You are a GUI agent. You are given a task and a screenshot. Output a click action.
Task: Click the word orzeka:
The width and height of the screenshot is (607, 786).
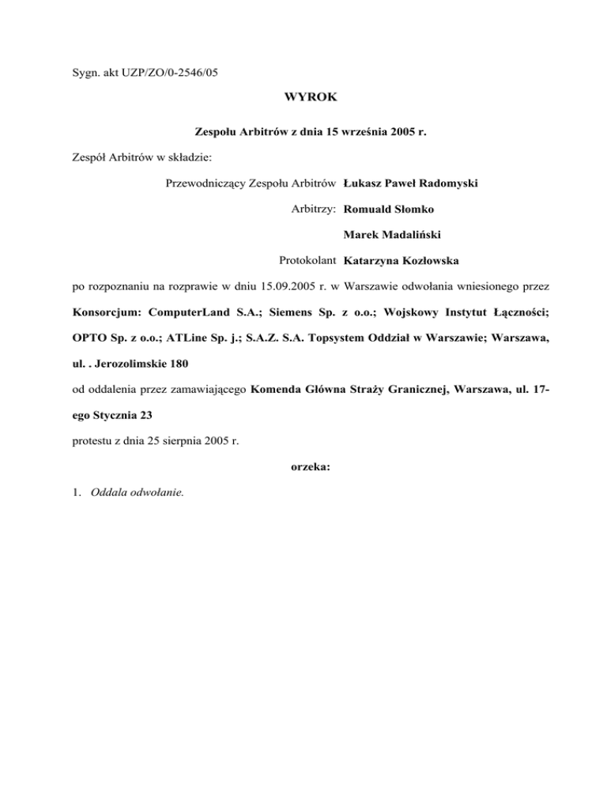coord(303,467)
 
